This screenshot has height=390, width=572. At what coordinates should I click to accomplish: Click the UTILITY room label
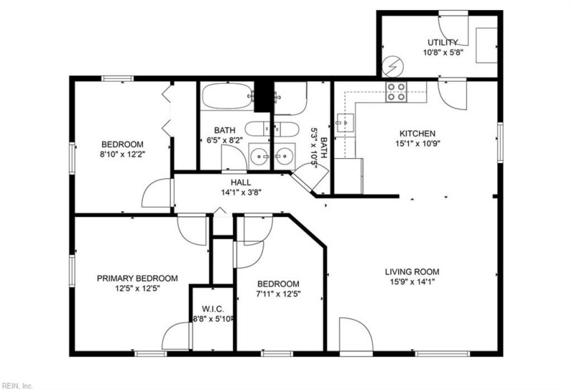443,42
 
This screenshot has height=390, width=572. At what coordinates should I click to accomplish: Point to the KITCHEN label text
417,133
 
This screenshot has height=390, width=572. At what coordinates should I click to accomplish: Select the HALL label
240,182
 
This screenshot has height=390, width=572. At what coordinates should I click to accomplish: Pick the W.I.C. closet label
213,308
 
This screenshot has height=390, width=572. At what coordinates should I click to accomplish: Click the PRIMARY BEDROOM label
137,278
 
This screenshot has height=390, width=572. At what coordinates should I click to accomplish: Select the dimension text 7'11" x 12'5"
277,293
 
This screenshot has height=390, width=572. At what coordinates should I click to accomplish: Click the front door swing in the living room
355,335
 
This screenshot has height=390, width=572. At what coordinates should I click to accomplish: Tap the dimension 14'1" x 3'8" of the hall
240,192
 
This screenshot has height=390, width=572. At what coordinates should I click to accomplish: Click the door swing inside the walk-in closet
177,336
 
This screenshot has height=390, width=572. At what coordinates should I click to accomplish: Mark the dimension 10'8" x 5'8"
443,52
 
